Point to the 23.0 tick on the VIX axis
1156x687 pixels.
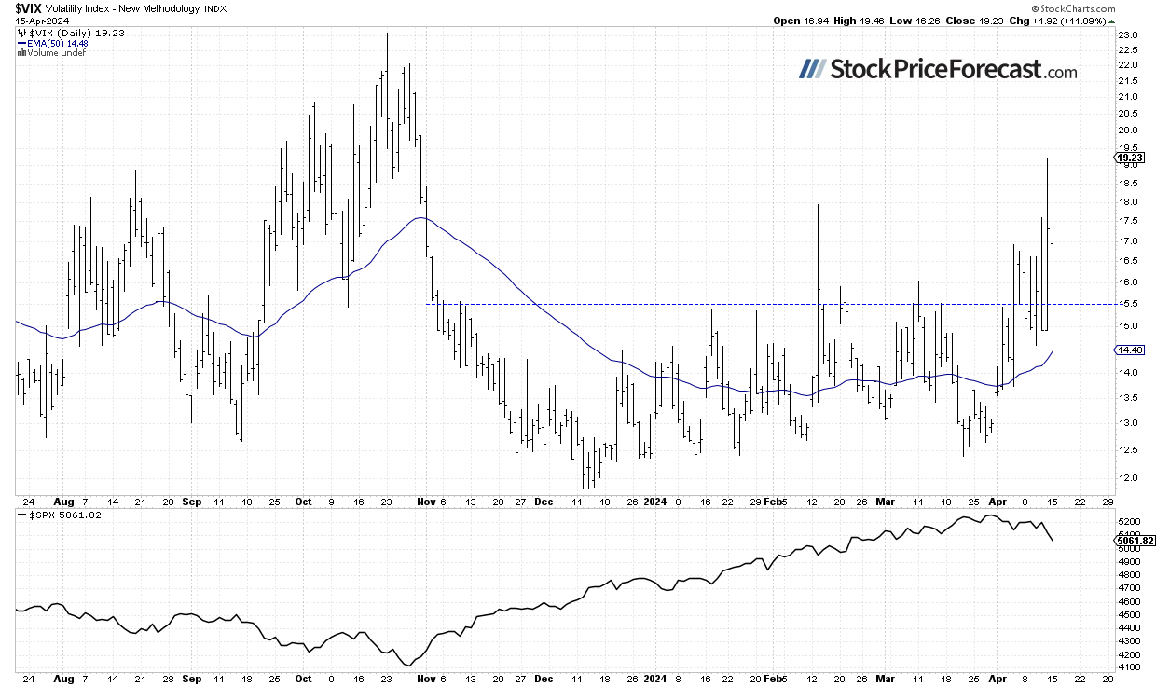[1126, 35]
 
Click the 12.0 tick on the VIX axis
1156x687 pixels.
[1126, 478]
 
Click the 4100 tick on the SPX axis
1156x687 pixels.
[1127, 667]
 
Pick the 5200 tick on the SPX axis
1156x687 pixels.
[1127, 520]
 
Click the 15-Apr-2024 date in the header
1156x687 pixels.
[29, 20]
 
